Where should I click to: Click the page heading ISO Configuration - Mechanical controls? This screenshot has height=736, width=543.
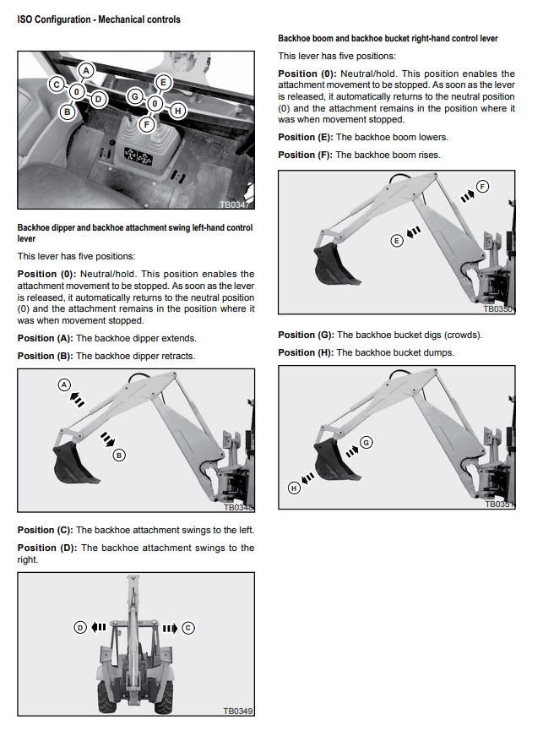point(99,19)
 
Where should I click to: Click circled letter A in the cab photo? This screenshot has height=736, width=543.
point(86,71)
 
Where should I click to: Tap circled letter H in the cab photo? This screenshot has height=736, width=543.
point(176,109)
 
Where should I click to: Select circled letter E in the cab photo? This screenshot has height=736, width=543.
point(163,83)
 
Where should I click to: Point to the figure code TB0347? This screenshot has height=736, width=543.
point(237,204)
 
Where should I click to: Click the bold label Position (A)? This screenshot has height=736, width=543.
point(46,338)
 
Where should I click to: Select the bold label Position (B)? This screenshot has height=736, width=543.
point(46,356)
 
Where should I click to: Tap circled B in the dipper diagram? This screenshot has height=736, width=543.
point(119,455)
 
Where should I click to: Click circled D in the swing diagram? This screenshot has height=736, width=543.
point(80,627)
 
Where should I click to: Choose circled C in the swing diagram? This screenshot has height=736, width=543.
point(188,627)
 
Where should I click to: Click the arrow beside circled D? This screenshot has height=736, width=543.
point(99,627)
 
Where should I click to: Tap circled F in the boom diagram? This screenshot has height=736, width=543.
point(482,186)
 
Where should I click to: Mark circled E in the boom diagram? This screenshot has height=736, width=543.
point(396,241)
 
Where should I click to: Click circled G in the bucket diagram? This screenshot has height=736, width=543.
point(366,441)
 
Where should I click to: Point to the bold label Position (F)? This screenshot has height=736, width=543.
point(306,155)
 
